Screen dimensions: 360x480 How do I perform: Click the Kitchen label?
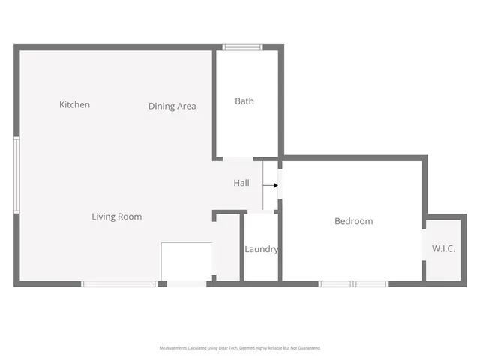tap(74, 104)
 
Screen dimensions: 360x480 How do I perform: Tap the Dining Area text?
tap(172, 106)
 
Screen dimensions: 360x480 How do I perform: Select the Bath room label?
tap(244, 100)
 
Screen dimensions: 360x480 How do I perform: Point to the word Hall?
tap(241, 183)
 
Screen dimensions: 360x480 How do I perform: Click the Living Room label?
tap(116, 217)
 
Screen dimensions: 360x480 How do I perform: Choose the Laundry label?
tap(262, 249)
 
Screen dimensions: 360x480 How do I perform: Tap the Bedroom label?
tap(353, 221)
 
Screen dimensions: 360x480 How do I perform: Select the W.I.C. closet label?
tap(443, 248)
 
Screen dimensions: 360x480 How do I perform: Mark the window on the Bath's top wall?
tap(242, 47)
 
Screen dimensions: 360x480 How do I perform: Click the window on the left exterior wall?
tap(16, 175)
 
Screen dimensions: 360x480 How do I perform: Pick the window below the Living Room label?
tap(119, 283)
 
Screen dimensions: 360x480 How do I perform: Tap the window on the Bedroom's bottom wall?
tap(352, 283)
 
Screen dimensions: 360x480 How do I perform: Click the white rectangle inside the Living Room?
tap(187, 261)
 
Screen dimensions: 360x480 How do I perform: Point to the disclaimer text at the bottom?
tap(240, 348)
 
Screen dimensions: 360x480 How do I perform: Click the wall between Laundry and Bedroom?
tap(280, 247)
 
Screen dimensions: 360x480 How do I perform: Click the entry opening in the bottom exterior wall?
tap(187, 283)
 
